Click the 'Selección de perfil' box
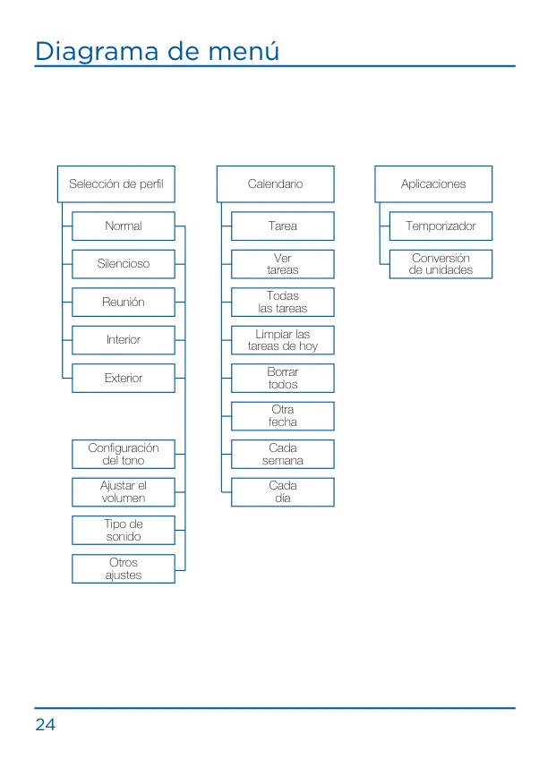pyautogui.click(x=116, y=184)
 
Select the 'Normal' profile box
pyautogui.click(x=124, y=226)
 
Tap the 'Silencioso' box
pyautogui.click(x=124, y=264)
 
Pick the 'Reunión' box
pyautogui.click(x=124, y=302)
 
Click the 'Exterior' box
pyautogui.click(x=124, y=378)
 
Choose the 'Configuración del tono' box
pyautogui.click(x=124, y=455)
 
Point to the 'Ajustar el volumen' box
pyautogui.click(x=124, y=492)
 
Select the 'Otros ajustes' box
pyautogui.click(x=124, y=569)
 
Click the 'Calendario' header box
pyautogui.click(x=276, y=184)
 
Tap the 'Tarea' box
pyautogui.click(x=283, y=226)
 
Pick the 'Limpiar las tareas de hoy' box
pyautogui.click(x=283, y=340)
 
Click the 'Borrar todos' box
pyautogui.click(x=283, y=378)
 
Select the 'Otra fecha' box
pyautogui.click(x=283, y=416)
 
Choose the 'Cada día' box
pyautogui.click(x=283, y=492)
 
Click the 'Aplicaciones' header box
pyautogui.click(x=433, y=184)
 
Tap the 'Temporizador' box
pyautogui.click(x=441, y=226)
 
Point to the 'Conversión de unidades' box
pyautogui.click(x=441, y=264)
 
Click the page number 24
pyautogui.click(x=45, y=724)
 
